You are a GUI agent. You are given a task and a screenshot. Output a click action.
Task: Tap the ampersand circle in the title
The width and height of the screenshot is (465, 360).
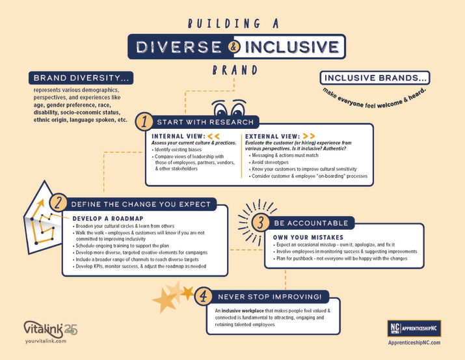[234, 47]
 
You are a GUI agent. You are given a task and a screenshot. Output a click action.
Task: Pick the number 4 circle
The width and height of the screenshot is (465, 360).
[204, 296]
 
